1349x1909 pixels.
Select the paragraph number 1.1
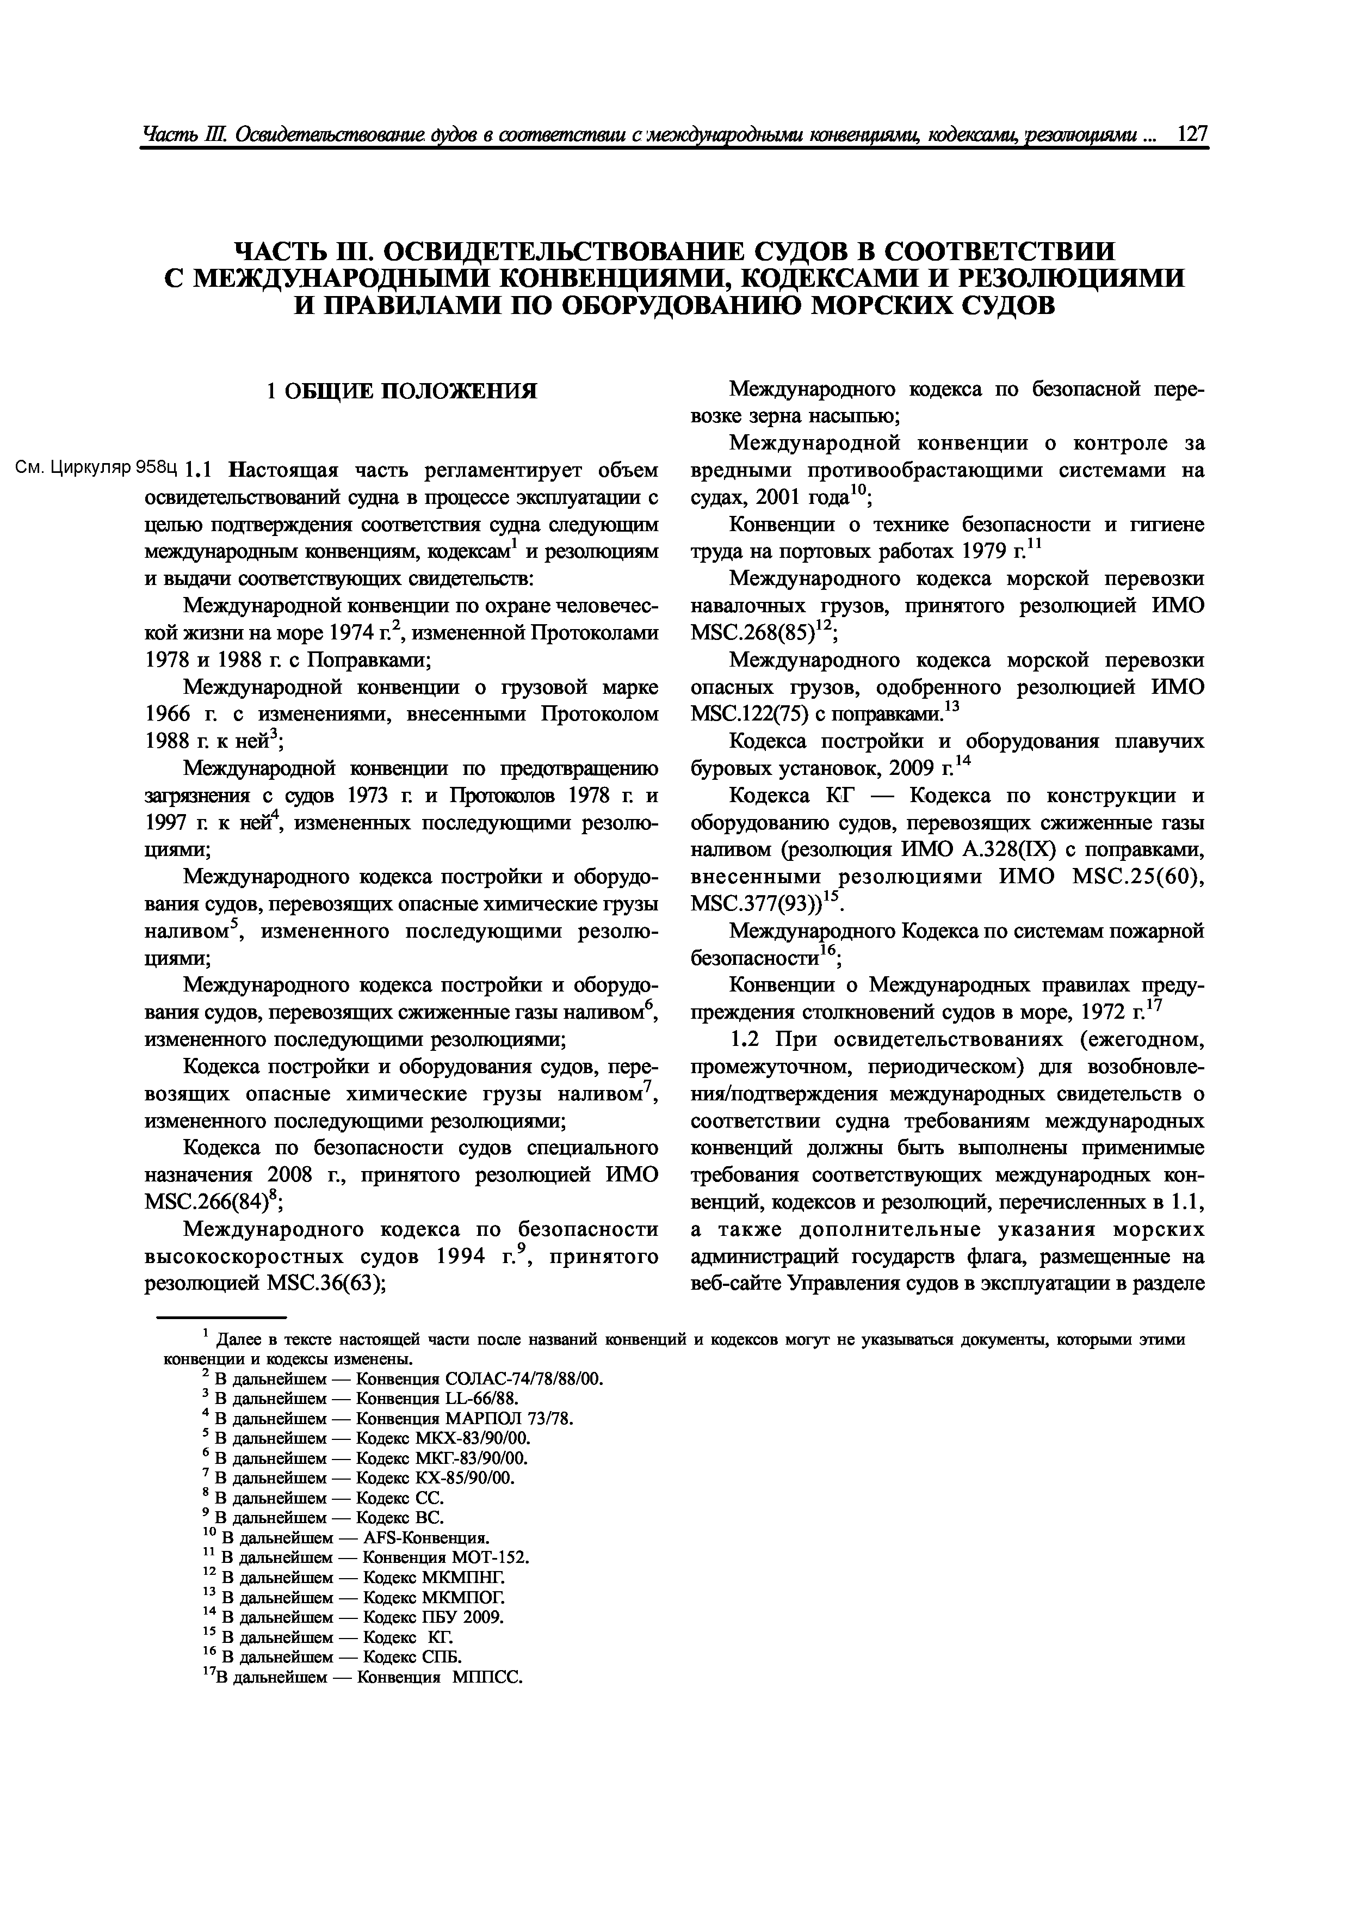201,471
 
